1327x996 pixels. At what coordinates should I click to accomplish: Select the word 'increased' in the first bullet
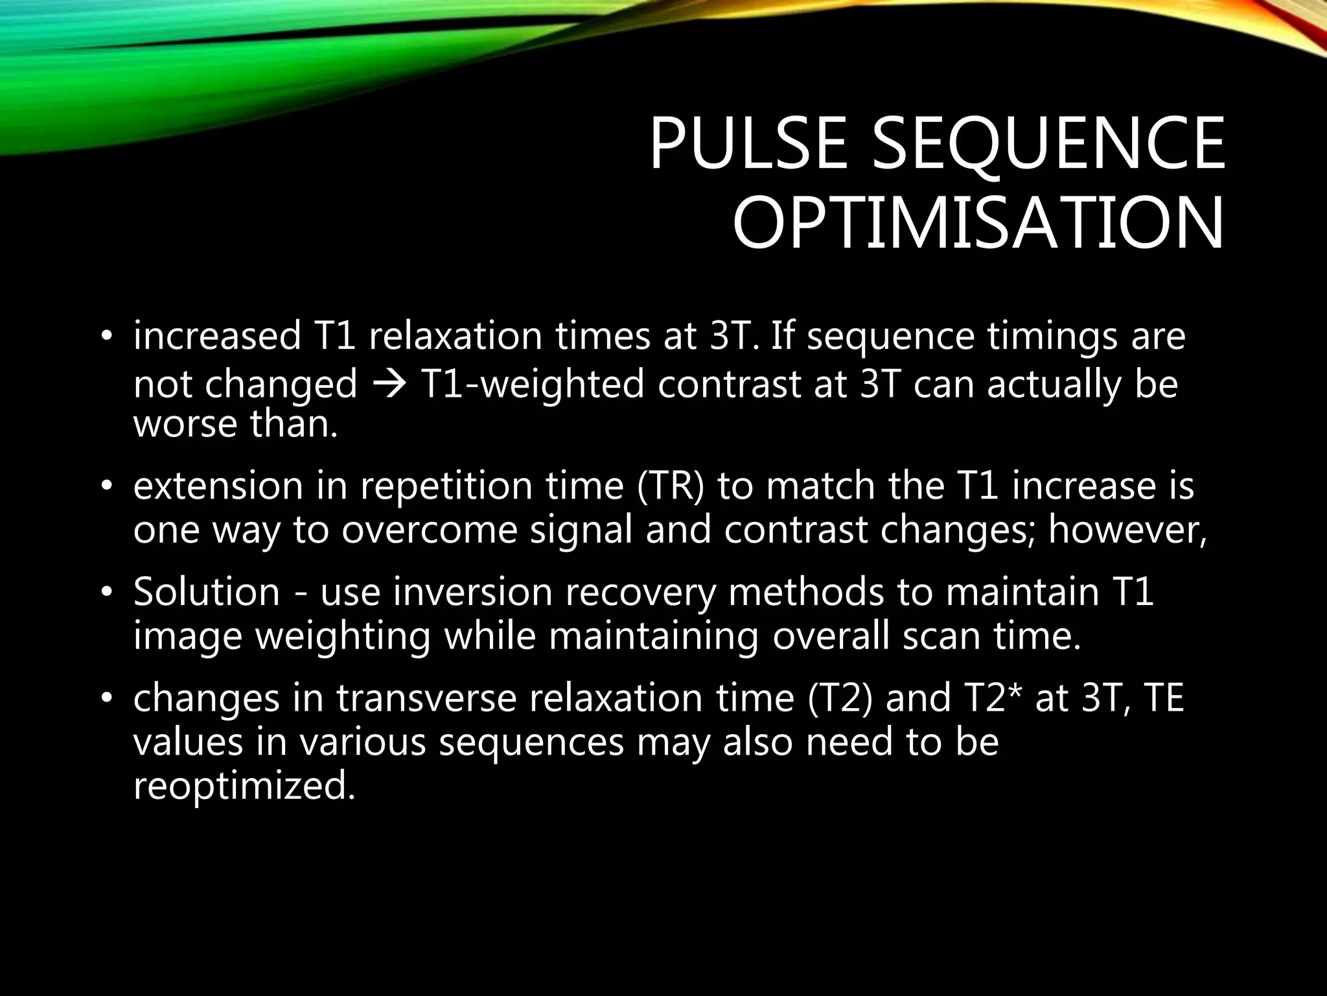point(218,337)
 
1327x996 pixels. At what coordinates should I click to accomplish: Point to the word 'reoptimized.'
point(245,786)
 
